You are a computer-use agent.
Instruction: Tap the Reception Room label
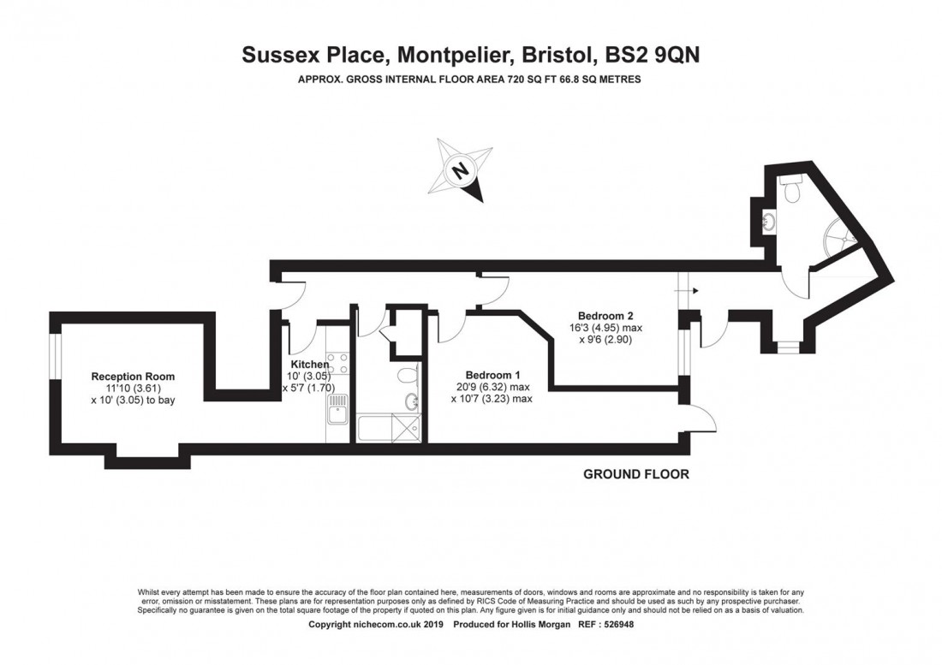pyautogui.click(x=133, y=376)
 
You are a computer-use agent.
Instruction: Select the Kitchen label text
pyautogui.click(x=308, y=365)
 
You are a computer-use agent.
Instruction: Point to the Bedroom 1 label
pyautogui.click(x=492, y=375)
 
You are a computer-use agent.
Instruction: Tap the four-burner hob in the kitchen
pyautogui.click(x=336, y=365)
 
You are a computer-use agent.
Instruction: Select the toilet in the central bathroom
pyautogui.click(x=408, y=375)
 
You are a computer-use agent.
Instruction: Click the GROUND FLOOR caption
pyautogui.click(x=635, y=474)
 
